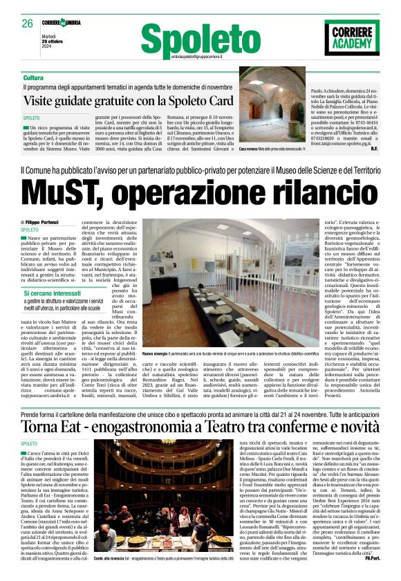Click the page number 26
click(28, 24)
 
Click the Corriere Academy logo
click(352, 37)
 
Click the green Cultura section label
click(52, 77)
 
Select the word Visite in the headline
click(65, 102)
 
